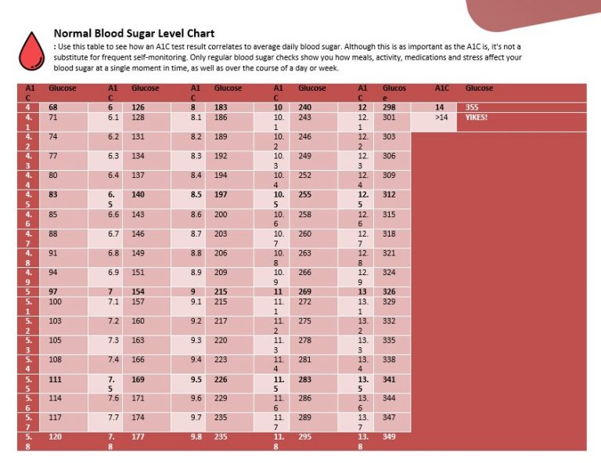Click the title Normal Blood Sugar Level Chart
(x=134, y=34)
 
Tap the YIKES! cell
(x=477, y=118)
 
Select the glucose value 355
(x=472, y=107)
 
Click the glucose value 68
(x=54, y=107)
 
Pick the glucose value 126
(x=139, y=107)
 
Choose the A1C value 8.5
(x=196, y=194)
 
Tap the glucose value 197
(x=221, y=194)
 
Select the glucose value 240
(x=305, y=107)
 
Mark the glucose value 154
(x=139, y=291)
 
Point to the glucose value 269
(x=305, y=291)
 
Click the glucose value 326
(x=390, y=291)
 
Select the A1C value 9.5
(x=196, y=379)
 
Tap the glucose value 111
(x=55, y=379)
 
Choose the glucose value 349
(x=390, y=437)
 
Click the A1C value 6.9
(x=113, y=272)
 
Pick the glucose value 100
(x=55, y=302)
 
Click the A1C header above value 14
(x=442, y=89)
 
